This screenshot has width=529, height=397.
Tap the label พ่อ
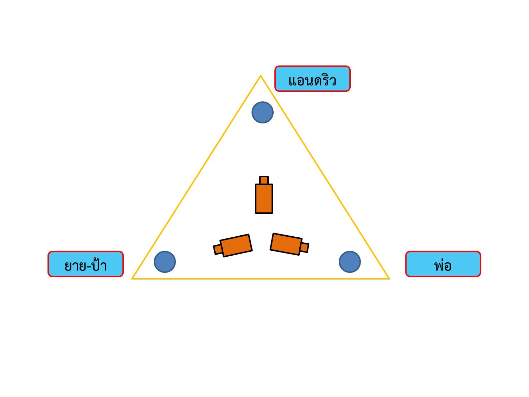coord(443,264)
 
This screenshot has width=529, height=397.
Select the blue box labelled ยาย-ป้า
coord(85,264)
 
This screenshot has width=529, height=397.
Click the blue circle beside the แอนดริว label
coord(262,113)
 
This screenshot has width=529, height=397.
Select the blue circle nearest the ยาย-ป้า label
coord(165,262)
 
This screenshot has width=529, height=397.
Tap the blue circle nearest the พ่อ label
coord(350,262)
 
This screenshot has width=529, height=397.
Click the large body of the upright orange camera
coord(264,199)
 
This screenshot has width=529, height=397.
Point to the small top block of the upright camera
coord(264,180)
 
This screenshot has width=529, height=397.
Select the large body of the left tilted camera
coord(236,245)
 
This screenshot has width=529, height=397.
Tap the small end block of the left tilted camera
coord(218,249)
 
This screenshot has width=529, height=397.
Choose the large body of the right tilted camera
coord(286,244)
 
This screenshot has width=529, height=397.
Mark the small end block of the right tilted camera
coord(304,248)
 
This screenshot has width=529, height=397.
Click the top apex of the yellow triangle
coord(261,76)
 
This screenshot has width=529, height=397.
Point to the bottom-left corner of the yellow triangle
coord(133,278)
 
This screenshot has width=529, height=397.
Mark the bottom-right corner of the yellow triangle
coord(389,278)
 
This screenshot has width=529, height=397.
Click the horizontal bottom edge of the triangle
coord(261,278)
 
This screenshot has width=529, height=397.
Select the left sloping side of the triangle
coord(196,177)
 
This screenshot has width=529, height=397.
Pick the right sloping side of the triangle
coord(325,177)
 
